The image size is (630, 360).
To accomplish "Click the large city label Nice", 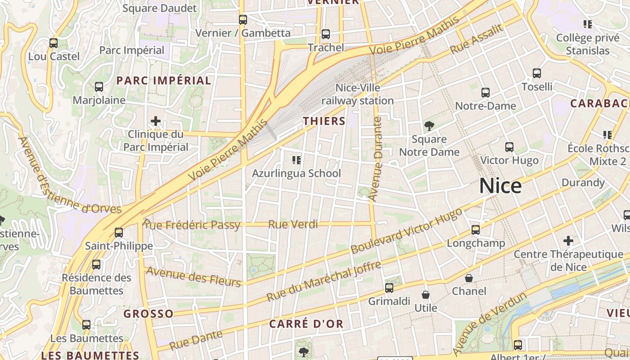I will (500, 186).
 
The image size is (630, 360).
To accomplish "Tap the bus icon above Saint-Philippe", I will (119, 233).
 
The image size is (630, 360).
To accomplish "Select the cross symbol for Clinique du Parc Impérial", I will (156, 121).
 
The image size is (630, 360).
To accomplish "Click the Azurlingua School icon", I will (296, 160).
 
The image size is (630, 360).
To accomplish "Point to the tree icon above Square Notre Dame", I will (429, 126).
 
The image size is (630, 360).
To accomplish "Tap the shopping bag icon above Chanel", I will (469, 278).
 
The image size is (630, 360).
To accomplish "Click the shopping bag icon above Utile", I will (425, 295).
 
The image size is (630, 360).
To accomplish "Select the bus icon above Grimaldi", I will (389, 288).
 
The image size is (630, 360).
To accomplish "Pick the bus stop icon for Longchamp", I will (476, 230).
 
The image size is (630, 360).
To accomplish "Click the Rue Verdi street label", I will (293, 224).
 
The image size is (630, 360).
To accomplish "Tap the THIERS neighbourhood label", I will (324, 121).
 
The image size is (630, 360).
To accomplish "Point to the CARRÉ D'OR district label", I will (306, 324).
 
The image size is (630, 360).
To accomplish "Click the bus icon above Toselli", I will (536, 73).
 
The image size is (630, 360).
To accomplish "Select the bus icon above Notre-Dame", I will (486, 93).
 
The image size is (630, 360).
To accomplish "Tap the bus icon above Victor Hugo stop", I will (509, 147).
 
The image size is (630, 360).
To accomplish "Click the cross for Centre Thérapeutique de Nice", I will (568, 241).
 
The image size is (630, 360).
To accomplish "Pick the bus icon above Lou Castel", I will (54, 43).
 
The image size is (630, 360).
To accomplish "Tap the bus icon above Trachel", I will (326, 34).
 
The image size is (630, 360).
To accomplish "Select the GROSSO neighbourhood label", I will (148, 314).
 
